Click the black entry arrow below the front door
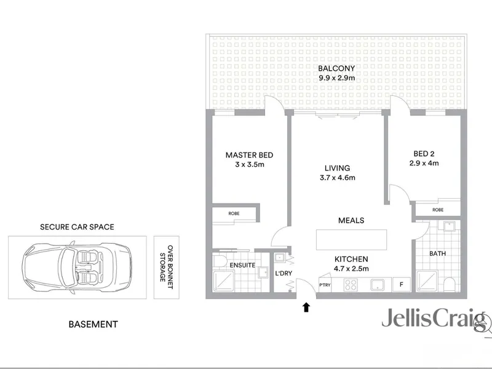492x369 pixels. coord(306,307)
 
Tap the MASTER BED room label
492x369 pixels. coord(250,155)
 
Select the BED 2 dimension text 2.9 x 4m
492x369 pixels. coord(424,163)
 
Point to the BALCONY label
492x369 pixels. coord(336,68)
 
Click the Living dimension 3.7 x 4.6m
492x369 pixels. coord(337,178)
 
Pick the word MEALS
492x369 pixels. coord(351,220)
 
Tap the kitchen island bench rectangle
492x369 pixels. coord(351,240)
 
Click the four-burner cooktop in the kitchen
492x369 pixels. coord(351,285)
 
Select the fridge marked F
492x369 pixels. coord(402,285)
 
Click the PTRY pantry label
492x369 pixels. coord(325,285)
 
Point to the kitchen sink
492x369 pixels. coord(378,285)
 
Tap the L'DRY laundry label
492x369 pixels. coord(284,273)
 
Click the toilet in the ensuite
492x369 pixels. coord(220,260)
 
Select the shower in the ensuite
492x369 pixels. coord(224,281)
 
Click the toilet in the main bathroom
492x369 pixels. coord(449,284)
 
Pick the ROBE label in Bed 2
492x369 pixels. coord(438,210)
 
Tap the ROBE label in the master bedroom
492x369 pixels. coord(234,213)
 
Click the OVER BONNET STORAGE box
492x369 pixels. coord(166,268)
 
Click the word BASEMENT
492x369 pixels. coord(93,324)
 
